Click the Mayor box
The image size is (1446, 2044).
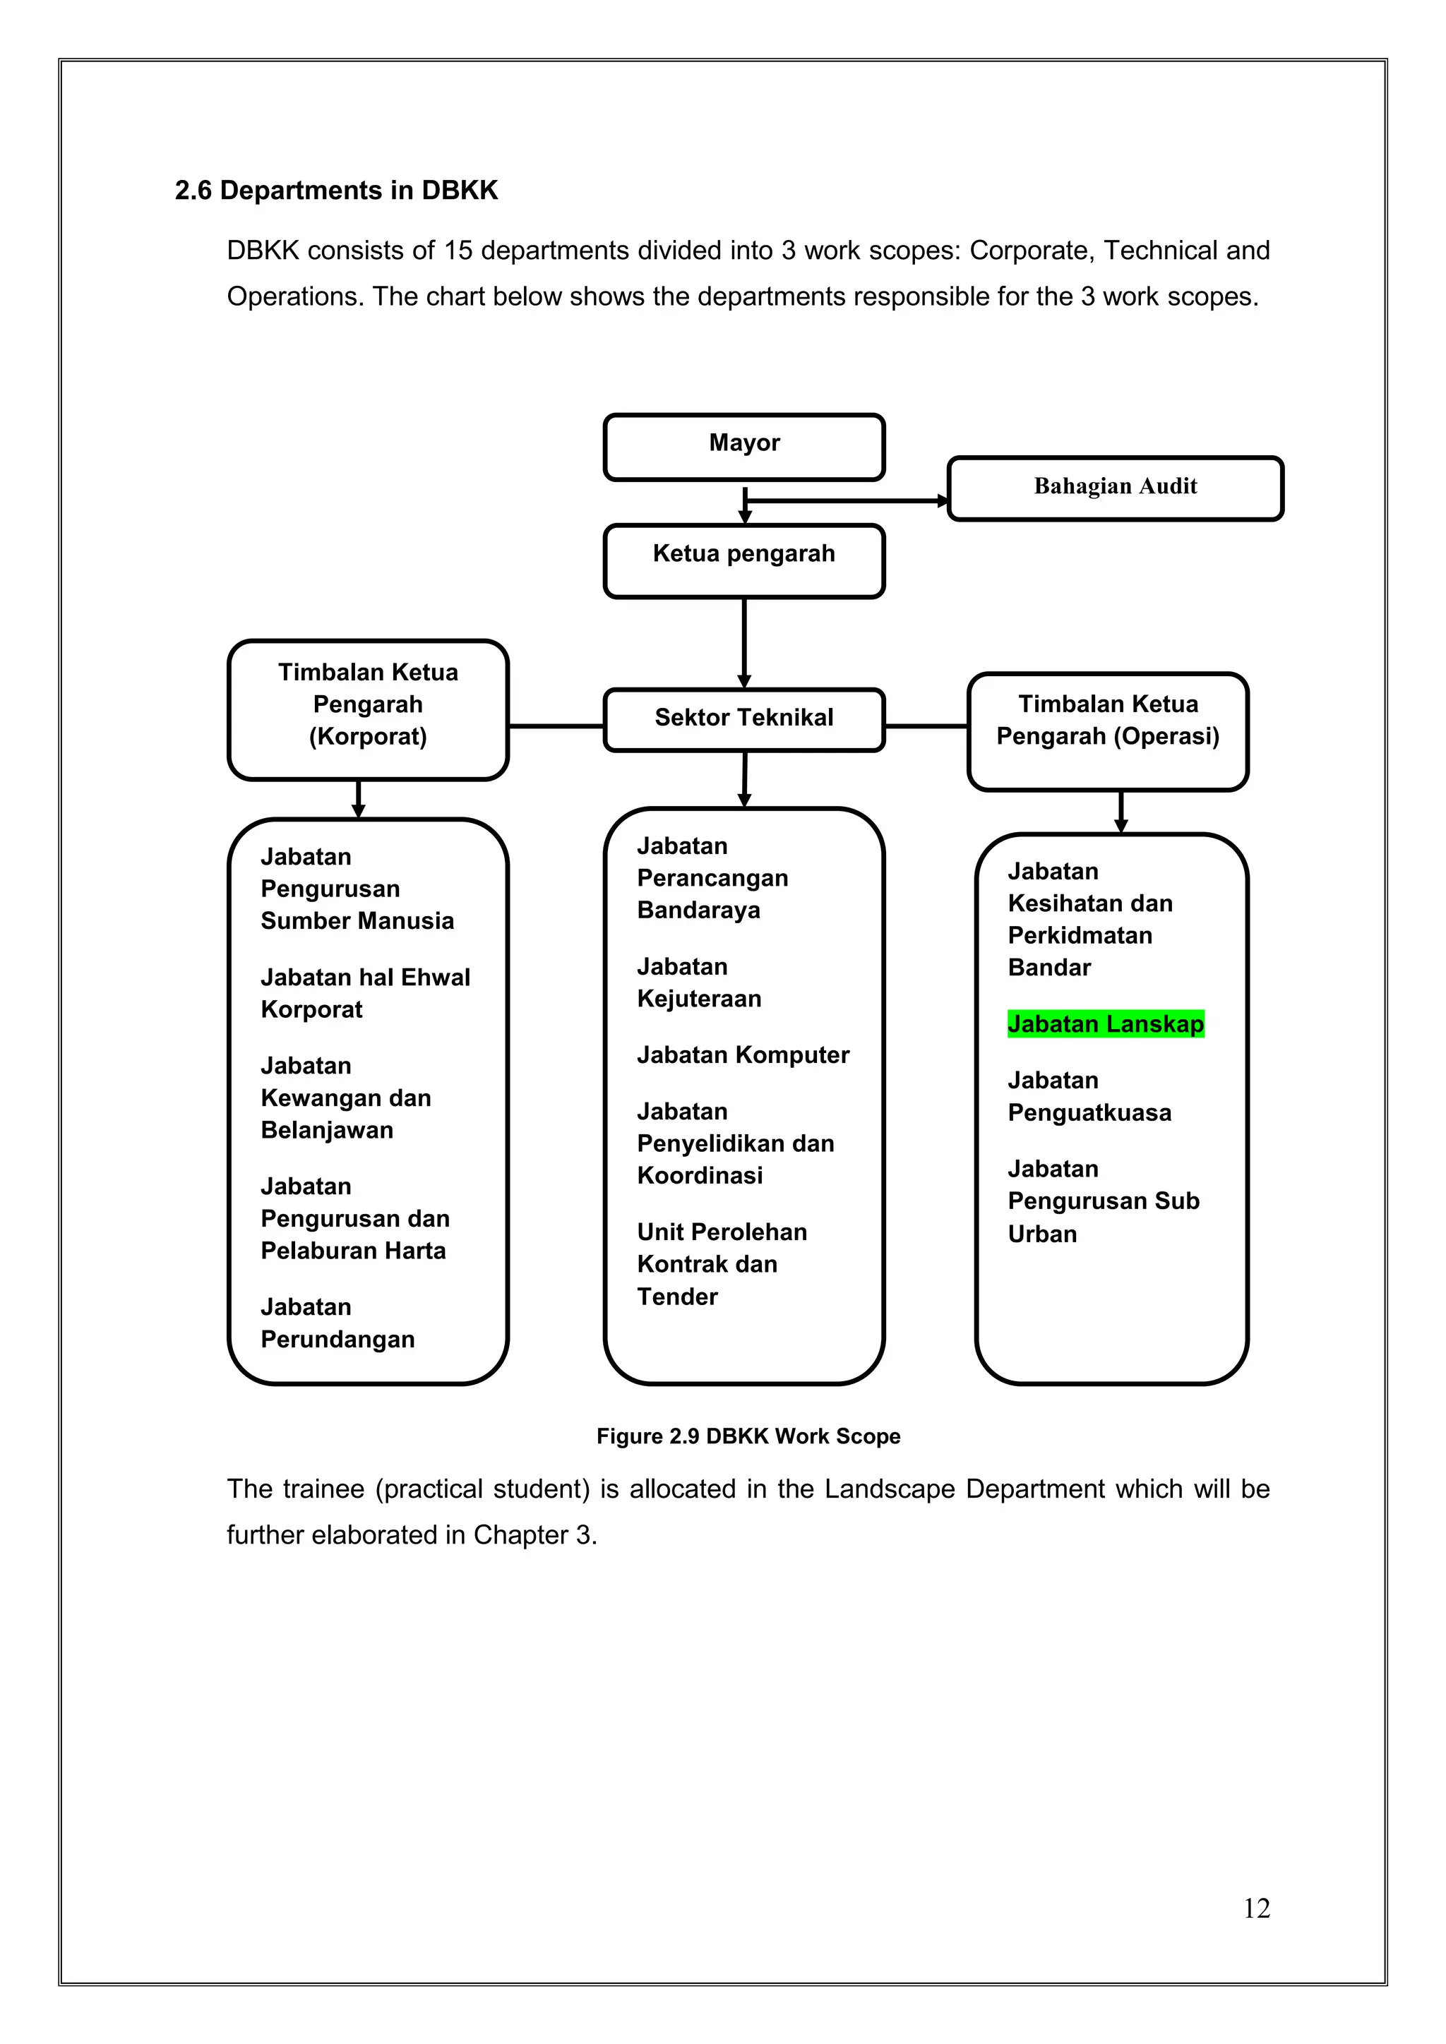[x=743, y=446]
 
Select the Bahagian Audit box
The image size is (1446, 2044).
[x=1115, y=488]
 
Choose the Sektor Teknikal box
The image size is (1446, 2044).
[x=743, y=719]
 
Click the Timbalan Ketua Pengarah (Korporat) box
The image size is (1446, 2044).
[x=368, y=709]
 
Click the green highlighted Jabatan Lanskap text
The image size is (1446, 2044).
[x=1105, y=1024]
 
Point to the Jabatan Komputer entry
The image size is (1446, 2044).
[x=743, y=1055]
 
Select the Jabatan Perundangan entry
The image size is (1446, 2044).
[x=337, y=1323]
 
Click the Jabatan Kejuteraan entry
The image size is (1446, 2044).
[x=699, y=983]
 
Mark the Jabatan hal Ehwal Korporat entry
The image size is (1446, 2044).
[x=365, y=994]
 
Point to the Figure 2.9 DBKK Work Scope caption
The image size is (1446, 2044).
[x=748, y=1436]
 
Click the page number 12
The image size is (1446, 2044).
[x=1256, y=1908]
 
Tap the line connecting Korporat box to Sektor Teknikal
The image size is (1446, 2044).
[x=556, y=726]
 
